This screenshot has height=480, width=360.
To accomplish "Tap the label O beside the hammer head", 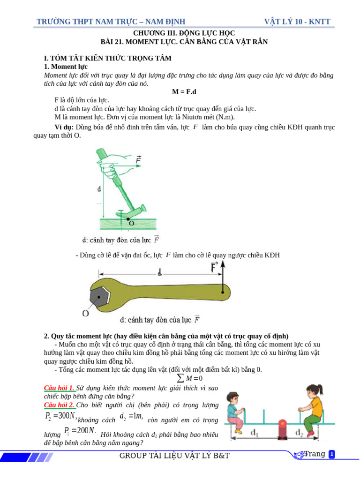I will point(131,224).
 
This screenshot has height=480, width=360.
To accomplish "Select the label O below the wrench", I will point(86,313).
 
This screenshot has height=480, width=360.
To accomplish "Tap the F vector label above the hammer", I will point(139,160).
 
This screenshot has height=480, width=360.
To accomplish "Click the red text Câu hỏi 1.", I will point(59,389).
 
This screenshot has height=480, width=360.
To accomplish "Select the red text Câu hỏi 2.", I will point(59,405).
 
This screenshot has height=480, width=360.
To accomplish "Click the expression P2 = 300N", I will point(60,416).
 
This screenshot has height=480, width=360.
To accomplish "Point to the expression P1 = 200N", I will point(80,430).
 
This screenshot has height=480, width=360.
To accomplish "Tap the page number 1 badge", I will point(332,454).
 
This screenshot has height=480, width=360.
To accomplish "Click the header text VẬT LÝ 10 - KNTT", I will point(297,22).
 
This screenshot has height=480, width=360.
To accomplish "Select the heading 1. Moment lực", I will point(66,67).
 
